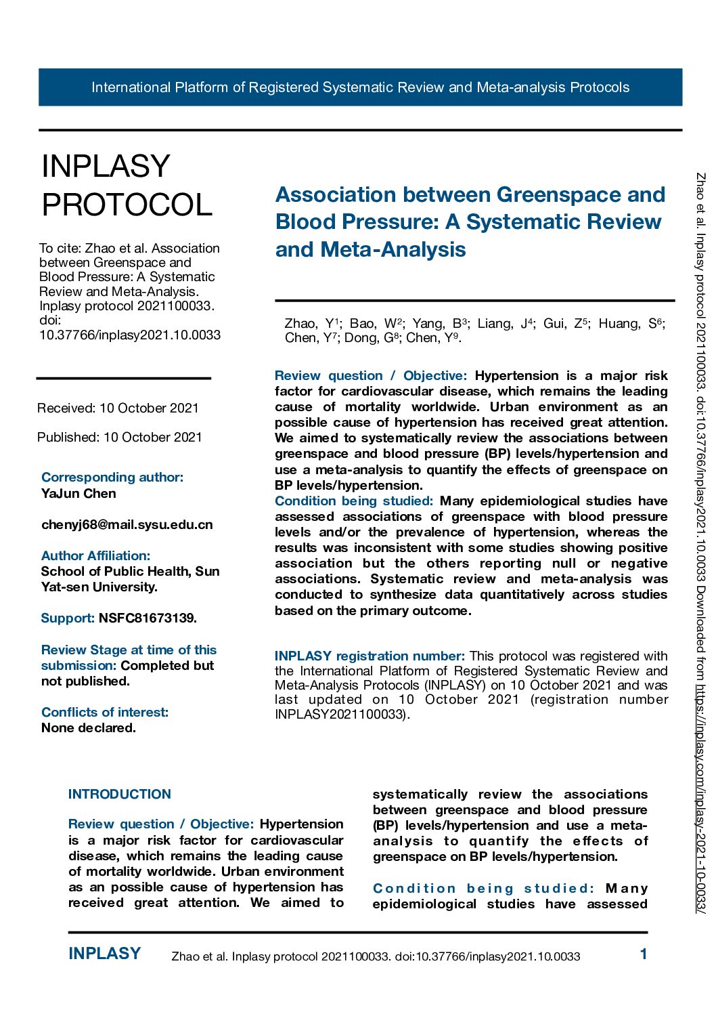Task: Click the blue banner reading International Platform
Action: tap(360, 87)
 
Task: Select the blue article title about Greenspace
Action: tap(470, 222)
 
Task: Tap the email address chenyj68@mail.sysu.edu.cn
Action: tap(127, 525)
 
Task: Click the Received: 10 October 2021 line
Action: tap(118, 408)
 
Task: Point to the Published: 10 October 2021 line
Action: tap(120, 438)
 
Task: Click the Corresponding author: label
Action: tap(112, 478)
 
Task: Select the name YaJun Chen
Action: tap(79, 494)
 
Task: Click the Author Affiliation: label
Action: tap(95, 556)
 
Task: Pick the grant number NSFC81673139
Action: tap(148, 618)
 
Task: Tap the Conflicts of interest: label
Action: tap(105, 713)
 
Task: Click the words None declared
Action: tap(89, 728)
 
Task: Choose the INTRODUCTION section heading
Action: tap(120, 795)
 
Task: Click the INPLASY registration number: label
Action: tap(370, 656)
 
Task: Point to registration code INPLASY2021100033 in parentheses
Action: tap(340, 715)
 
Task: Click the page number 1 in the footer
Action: tap(644, 954)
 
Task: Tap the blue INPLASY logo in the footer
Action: tap(104, 954)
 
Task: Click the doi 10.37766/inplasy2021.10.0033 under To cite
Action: tap(130, 335)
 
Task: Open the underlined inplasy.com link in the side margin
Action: tap(701, 799)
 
